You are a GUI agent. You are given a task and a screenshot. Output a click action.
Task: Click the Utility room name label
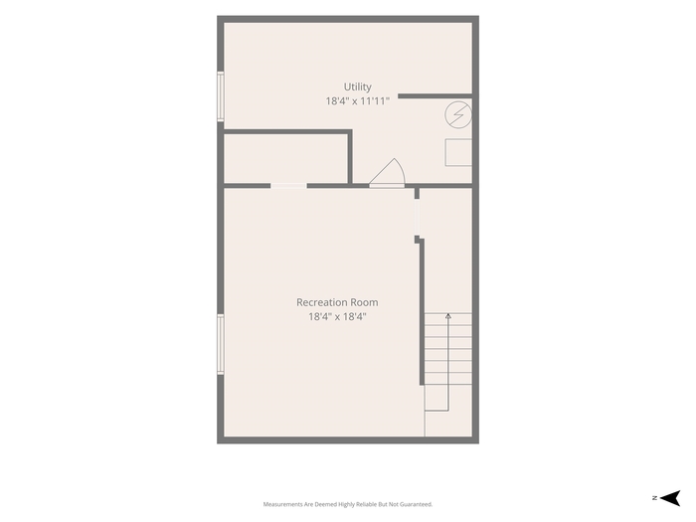point(357,87)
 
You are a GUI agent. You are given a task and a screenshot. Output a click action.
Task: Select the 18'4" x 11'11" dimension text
point(357,101)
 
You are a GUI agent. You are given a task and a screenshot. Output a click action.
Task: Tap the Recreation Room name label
point(337,302)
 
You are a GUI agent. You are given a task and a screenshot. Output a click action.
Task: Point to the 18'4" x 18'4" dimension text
point(337,316)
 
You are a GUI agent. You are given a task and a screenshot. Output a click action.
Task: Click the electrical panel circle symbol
point(458,115)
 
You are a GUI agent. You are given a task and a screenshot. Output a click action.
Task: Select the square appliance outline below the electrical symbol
point(458,152)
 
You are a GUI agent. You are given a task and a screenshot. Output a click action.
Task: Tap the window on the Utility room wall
point(220,96)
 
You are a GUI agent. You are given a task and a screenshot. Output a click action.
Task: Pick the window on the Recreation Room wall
point(220,344)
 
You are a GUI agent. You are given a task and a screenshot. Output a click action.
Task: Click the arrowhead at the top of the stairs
point(448,316)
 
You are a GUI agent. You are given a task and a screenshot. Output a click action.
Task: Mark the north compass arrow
point(670,498)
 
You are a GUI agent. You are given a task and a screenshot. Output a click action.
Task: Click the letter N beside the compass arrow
point(654,498)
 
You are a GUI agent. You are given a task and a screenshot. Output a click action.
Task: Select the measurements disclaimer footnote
point(348,504)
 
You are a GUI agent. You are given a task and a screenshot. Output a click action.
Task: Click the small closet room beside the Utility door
point(285,158)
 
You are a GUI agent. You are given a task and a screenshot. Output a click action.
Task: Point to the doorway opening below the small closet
point(288,186)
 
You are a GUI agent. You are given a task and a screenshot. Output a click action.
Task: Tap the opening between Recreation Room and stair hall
point(417,217)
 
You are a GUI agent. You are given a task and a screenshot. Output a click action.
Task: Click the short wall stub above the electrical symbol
point(435,95)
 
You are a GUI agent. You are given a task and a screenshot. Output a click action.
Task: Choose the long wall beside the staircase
point(422,312)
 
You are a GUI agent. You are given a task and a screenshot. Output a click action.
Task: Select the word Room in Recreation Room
point(365,302)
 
